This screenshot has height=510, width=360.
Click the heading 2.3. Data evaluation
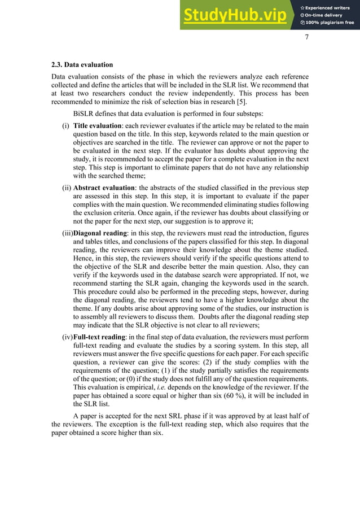click(x=82, y=64)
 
